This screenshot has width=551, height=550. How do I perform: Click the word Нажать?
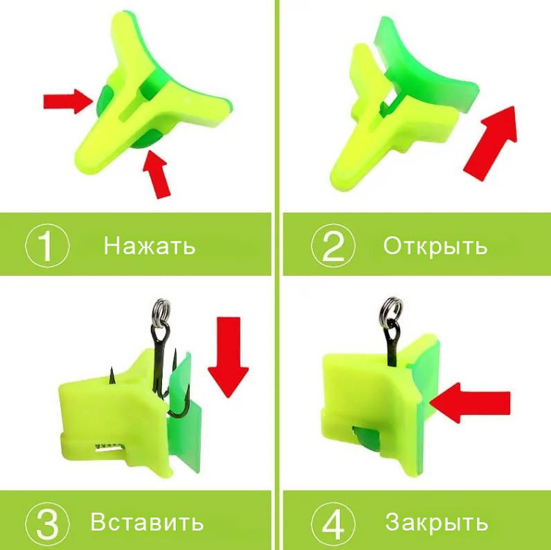pyautogui.click(x=149, y=246)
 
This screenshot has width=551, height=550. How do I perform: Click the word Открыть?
pyautogui.click(x=435, y=246)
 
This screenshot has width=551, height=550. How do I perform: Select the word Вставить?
pyautogui.click(x=147, y=521)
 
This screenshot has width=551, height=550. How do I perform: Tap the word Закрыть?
pyautogui.click(x=437, y=521)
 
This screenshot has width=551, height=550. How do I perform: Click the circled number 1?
pyautogui.click(x=47, y=246)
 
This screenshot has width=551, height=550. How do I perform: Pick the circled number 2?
pyautogui.click(x=333, y=246)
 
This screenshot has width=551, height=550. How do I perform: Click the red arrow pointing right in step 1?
pyautogui.click(x=68, y=101)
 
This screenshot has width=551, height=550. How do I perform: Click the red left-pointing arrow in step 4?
pyautogui.click(x=470, y=403)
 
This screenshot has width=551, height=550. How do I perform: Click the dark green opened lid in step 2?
pyautogui.click(x=427, y=70)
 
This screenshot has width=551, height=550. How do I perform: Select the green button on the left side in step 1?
pyautogui.click(x=104, y=98)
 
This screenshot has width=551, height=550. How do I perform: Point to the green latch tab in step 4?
pyautogui.click(x=366, y=439)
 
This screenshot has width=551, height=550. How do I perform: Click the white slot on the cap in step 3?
pyautogui.click(x=109, y=447)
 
